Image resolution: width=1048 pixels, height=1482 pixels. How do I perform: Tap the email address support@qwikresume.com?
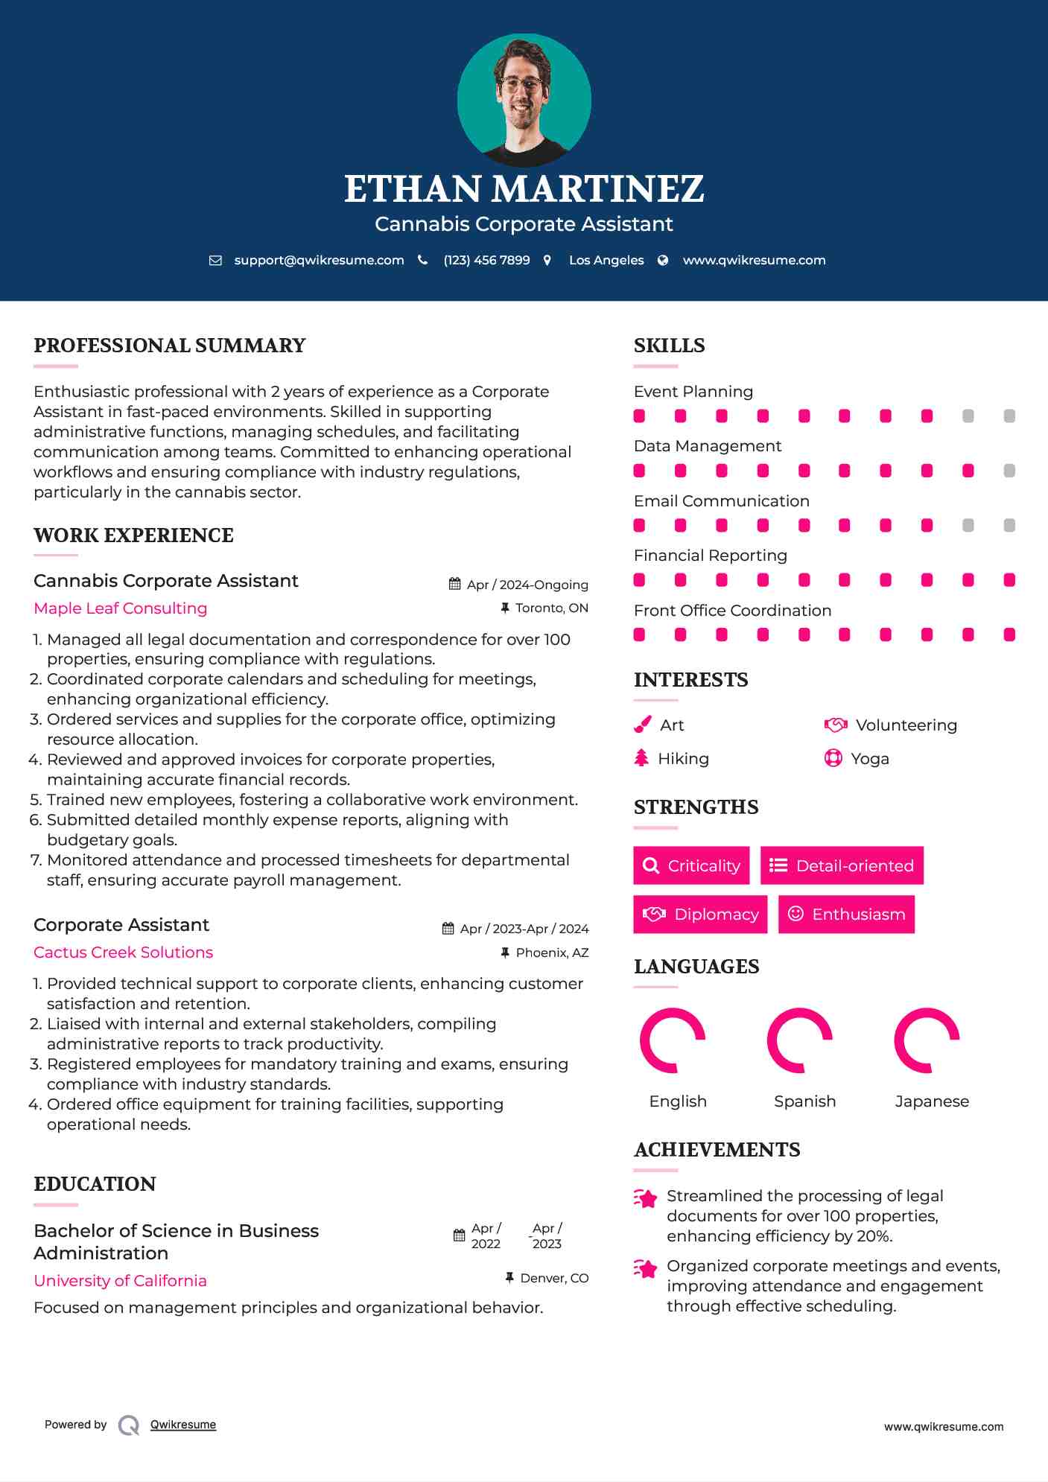click(319, 260)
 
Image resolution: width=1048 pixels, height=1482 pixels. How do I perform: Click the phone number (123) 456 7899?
click(486, 260)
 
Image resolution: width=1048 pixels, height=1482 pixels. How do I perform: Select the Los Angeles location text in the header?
click(606, 260)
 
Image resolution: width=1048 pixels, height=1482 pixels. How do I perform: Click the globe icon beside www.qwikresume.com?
click(663, 260)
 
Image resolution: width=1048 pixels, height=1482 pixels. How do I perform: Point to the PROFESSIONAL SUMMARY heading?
click(170, 346)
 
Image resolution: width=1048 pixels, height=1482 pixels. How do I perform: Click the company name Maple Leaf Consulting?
click(121, 608)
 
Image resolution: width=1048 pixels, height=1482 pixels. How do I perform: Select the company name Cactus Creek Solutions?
click(124, 953)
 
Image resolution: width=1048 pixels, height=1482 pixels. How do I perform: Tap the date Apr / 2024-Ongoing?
click(527, 585)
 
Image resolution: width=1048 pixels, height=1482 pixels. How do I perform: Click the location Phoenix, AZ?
click(552, 953)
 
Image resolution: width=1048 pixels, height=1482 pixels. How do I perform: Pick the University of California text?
click(121, 1281)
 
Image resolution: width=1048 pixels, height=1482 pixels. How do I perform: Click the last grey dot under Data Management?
click(1009, 471)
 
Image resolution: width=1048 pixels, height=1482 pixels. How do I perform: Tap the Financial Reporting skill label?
click(711, 556)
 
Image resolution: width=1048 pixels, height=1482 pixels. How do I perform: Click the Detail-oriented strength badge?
click(842, 865)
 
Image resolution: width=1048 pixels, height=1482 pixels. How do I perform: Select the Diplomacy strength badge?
click(700, 915)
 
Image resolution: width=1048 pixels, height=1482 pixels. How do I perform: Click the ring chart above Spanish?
click(800, 1040)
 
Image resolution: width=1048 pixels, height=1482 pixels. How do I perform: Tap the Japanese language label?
click(932, 1101)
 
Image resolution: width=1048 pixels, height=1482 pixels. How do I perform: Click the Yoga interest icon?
click(833, 759)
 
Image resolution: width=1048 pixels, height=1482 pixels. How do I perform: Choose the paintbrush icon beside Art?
click(642, 725)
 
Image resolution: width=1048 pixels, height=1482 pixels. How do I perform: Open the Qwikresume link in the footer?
click(183, 1425)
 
